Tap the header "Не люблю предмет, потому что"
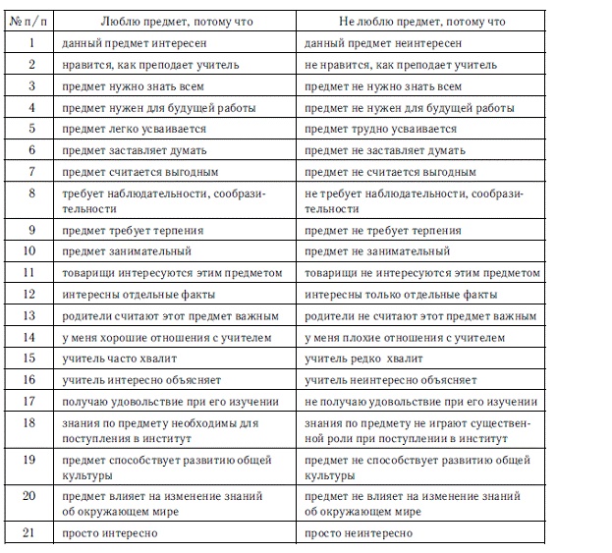tap(422, 22)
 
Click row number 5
tap(31, 129)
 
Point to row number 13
tap(31, 316)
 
